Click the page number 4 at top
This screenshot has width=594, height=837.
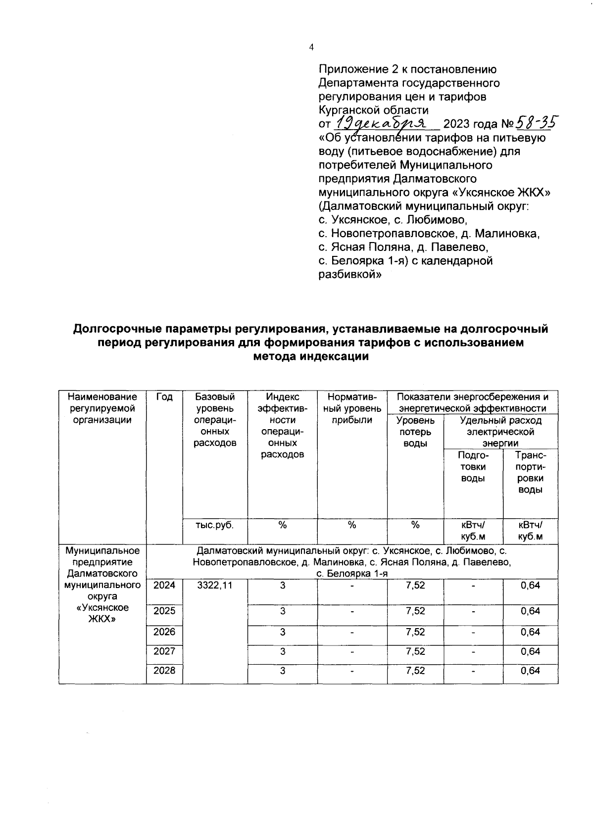coord(311,48)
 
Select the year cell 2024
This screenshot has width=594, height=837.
coord(164,586)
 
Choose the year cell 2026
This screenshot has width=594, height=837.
coord(164,632)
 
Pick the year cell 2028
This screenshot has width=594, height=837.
coord(164,671)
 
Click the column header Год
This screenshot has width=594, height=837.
coord(164,397)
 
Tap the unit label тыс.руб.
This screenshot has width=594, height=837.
coord(215,525)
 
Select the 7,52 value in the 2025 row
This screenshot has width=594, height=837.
coord(415,611)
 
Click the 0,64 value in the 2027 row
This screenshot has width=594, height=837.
coord(530,652)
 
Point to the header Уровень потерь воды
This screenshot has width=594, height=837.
coord(415,432)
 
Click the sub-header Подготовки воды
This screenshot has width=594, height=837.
coord(473,467)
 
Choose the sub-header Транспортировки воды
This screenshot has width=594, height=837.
coord(530,472)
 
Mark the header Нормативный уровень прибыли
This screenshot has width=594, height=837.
coord(352,408)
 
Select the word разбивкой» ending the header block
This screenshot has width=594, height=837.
coord(349,275)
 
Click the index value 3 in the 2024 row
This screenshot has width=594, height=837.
coord(282,586)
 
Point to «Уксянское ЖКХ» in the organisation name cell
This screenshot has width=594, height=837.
coord(102,613)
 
